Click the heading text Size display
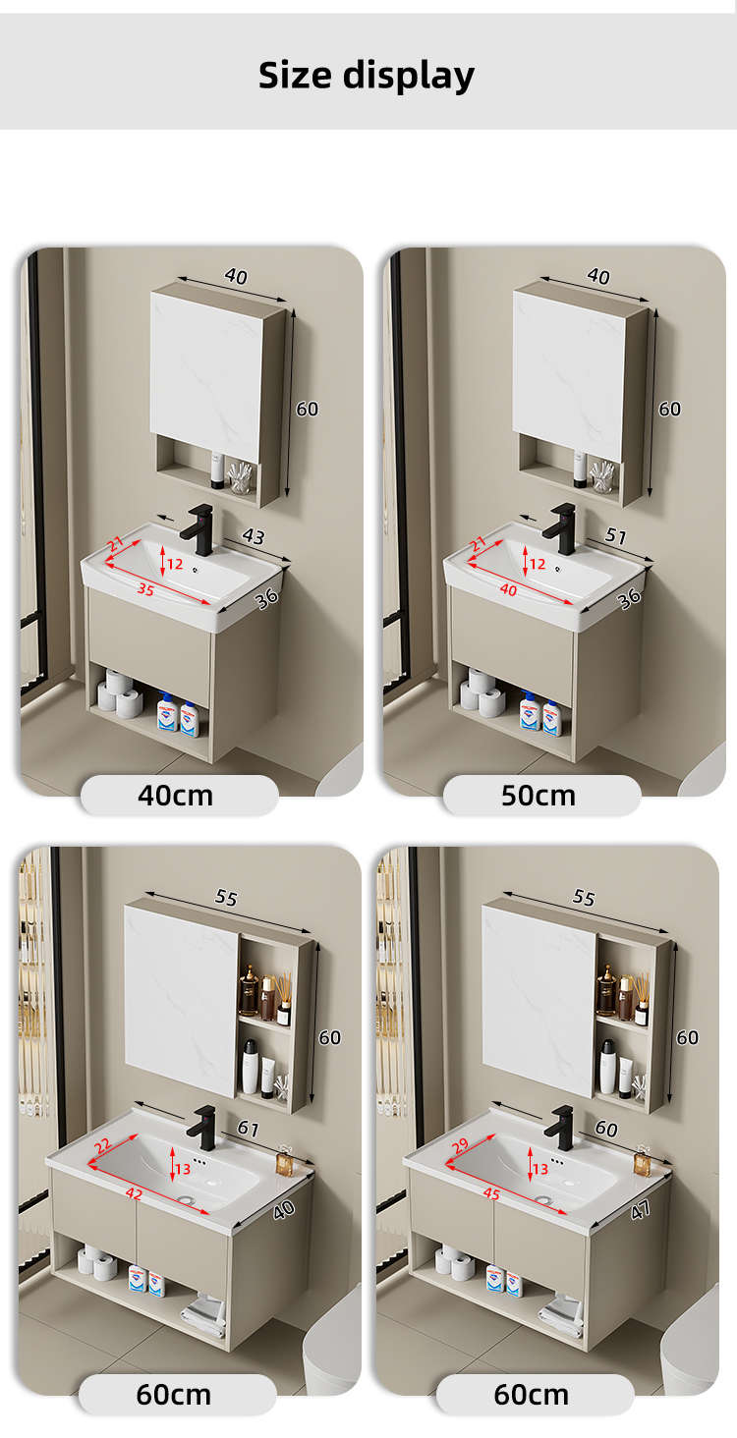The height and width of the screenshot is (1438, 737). pos(367,76)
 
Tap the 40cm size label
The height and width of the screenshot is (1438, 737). pos(175,796)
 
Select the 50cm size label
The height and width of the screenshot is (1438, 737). pos(538,796)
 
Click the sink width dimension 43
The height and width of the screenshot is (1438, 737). pos(253,536)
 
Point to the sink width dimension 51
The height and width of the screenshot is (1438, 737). pos(616,535)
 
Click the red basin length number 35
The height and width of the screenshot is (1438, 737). pos(145,589)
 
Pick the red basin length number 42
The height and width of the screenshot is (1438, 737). pos(134,1193)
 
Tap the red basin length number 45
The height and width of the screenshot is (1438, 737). pos(491,1193)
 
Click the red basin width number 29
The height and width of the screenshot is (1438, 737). pos(460,1146)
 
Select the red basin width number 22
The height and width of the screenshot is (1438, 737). pos(103,1146)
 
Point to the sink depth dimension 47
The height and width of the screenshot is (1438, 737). pos(640,1209)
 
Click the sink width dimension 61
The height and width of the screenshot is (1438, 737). pos(248,1128)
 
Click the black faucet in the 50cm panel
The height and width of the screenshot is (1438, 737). pos(560,528)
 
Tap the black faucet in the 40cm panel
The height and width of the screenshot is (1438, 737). pos(198,528)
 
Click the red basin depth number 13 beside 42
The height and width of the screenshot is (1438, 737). pos(183,1169)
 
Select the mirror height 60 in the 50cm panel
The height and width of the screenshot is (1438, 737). pos(669,409)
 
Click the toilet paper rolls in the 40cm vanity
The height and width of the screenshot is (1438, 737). pos(120,694)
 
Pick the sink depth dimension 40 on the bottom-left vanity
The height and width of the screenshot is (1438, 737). pos(283,1209)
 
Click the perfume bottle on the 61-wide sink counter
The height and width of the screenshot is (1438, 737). pos(284,1159)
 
